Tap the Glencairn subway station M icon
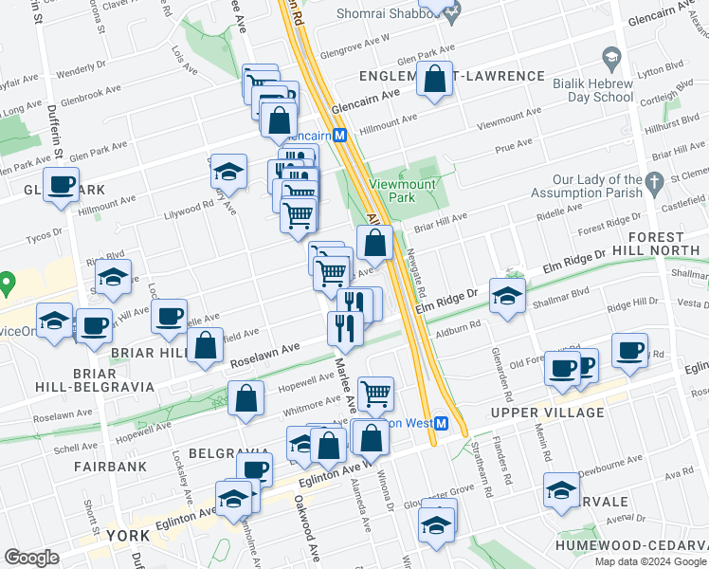340,136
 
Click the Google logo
31,558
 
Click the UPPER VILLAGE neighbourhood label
547,413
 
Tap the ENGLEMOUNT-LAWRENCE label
451,76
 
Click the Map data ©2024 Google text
649,560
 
